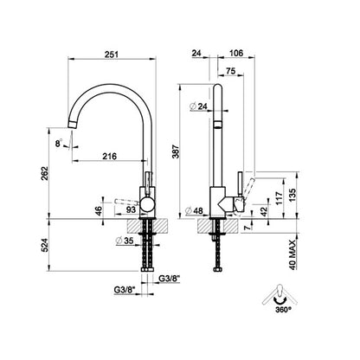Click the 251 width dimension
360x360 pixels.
pyautogui.click(x=112, y=55)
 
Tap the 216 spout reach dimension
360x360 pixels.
pyautogui.click(x=110, y=156)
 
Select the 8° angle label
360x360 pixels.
pyautogui.click(x=59, y=143)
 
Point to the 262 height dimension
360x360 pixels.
pyautogui.click(x=44, y=173)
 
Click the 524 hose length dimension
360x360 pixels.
pyautogui.click(x=44, y=245)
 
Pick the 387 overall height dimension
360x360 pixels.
pyautogui.click(x=177, y=151)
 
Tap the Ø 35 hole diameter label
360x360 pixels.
pyautogui.click(x=125, y=241)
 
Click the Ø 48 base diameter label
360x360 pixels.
pyautogui.click(x=194, y=211)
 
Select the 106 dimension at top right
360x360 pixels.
pyautogui.click(x=236, y=53)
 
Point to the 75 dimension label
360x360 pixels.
pyautogui.click(x=231, y=71)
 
